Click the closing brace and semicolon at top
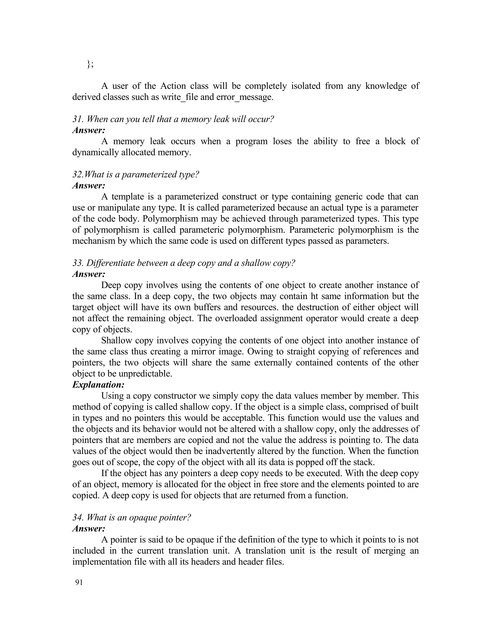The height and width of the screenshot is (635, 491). click(x=90, y=64)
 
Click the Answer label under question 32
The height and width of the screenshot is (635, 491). click(x=89, y=185)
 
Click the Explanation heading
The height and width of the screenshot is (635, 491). click(x=98, y=385)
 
